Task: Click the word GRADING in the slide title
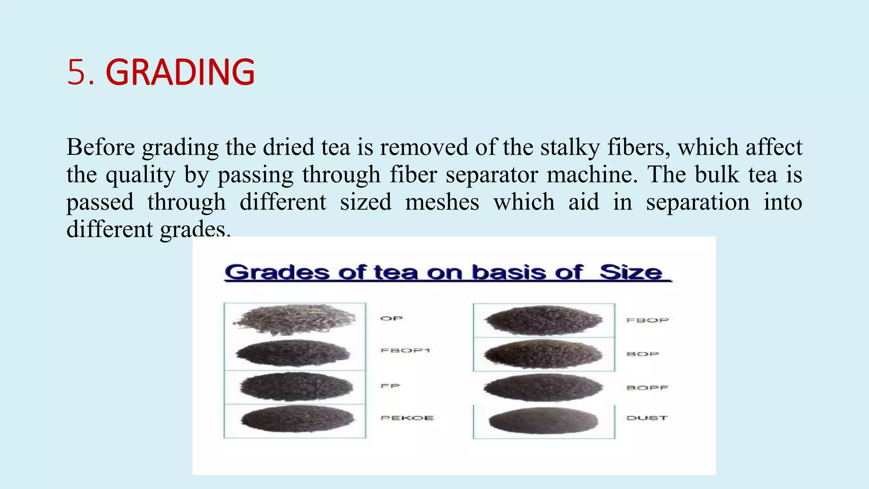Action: [180, 72]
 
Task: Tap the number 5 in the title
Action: [76, 72]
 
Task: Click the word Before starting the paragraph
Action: [101, 147]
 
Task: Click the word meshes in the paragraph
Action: [442, 202]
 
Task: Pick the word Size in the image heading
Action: [631, 272]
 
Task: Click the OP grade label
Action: [391, 318]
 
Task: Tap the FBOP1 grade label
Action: [406, 350]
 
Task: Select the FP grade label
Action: [390, 386]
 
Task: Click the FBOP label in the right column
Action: [648, 320]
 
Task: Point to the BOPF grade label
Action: [648, 388]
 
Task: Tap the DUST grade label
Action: [647, 418]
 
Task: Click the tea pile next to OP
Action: [294, 320]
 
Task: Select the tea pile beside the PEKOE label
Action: [297, 419]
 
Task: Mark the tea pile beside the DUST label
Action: [543, 420]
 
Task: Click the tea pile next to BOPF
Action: [543, 387]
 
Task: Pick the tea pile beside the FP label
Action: [296, 386]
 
